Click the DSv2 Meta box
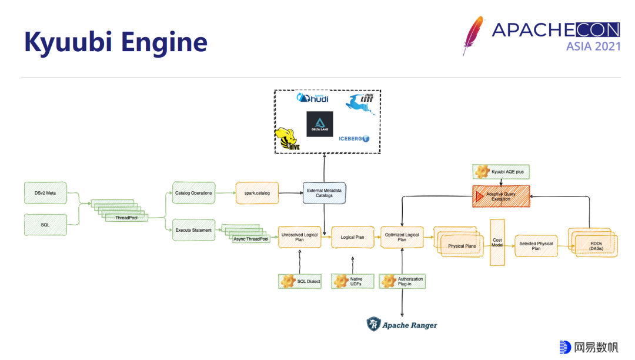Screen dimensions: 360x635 click(45, 192)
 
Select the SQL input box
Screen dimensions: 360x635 click(45, 225)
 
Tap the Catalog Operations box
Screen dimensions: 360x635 click(193, 193)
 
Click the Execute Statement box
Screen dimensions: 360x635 click(193, 230)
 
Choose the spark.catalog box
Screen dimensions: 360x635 click(257, 193)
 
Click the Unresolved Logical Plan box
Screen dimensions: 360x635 click(299, 237)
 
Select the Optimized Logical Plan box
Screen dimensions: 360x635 click(402, 237)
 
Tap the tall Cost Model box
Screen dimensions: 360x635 click(497, 242)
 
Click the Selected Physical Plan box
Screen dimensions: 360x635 click(536, 245)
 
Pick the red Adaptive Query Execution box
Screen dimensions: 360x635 click(501, 196)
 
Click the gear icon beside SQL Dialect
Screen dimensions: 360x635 click(288, 281)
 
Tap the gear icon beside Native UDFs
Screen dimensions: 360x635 click(342, 281)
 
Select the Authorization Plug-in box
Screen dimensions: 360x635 click(403, 281)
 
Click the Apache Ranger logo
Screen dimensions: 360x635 click(402, 325)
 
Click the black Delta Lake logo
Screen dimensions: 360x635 click(319, 124)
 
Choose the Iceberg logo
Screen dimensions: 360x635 click(354, 139)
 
